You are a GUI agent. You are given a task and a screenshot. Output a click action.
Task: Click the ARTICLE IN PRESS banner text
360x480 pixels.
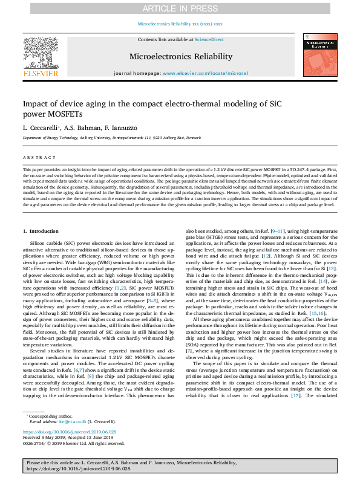tap(180, 8)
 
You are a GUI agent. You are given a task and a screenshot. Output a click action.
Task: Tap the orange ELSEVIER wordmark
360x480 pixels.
tap(41, 74)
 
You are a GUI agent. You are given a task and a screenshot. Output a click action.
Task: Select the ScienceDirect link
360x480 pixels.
tap(209, 39)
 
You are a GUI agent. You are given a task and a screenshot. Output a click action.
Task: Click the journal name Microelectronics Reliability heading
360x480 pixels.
tap(180, 57)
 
